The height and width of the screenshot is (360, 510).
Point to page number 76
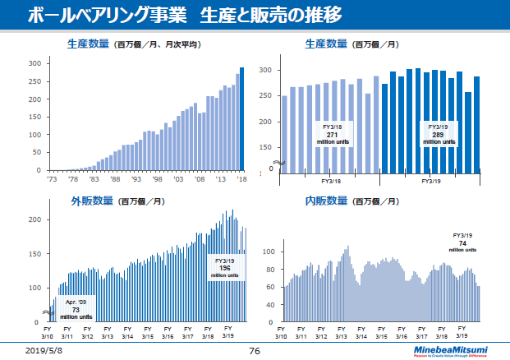(255, 350)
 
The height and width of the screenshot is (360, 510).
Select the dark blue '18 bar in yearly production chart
(241, 119)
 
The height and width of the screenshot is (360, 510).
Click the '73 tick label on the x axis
(51, 178)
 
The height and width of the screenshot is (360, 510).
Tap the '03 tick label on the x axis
(178, 178)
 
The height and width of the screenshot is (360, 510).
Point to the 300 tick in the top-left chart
(34, 63)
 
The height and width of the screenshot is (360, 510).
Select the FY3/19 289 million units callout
(438, 135)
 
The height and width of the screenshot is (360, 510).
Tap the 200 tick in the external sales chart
(34, 219)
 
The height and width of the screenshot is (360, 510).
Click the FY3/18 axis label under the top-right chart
(331, 180)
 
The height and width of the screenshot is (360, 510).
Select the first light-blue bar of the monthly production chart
(285, 132)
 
